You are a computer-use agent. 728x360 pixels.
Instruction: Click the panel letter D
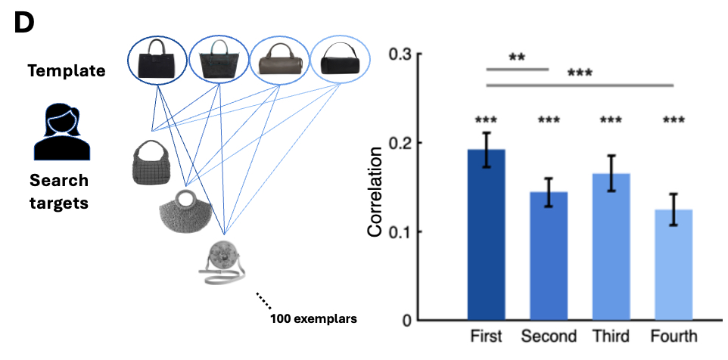tap(24, 23)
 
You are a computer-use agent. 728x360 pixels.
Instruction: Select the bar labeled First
tap(486, 234)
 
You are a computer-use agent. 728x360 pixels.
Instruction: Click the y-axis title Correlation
tap(375, 188)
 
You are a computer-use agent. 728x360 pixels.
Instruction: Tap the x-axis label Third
tap(611, 337)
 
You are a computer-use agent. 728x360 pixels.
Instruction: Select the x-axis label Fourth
tap(673, 337)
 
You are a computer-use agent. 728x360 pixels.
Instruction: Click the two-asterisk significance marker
tap(517, 58)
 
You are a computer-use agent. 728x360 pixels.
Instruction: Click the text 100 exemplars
tap(313, 318)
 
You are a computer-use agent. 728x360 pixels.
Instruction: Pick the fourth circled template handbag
tap(341, 58)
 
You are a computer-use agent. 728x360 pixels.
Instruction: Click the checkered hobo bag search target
tap(153, 161)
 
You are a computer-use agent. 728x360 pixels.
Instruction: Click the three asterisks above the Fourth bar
tap(673, 119)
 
